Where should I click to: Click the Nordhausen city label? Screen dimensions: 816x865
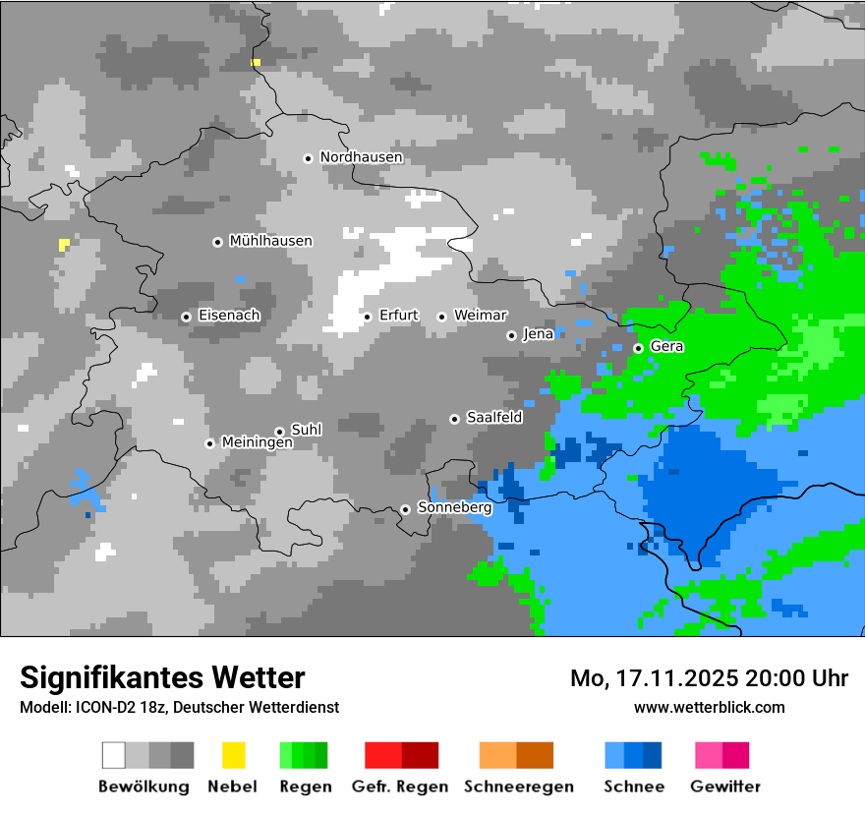361,157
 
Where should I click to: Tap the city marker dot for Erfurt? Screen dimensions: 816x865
367,317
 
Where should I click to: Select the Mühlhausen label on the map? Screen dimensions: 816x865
270,241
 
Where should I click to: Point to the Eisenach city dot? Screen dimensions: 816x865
186,317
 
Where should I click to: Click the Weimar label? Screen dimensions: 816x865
481,316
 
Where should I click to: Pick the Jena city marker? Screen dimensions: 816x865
511,335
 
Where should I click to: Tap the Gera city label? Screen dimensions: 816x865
666,347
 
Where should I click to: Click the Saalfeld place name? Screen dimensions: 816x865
493,418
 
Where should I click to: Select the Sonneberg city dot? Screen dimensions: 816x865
405,509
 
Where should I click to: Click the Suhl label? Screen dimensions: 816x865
307,430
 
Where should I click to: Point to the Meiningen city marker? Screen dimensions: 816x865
209,443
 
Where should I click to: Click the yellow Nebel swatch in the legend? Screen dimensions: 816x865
234,755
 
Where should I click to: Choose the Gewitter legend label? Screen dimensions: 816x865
724,787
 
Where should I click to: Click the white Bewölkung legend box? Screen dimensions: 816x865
114,755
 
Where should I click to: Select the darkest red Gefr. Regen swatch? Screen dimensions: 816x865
421,755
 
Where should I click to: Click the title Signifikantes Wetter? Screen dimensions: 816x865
162,677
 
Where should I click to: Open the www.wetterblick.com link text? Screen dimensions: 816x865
709,707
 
